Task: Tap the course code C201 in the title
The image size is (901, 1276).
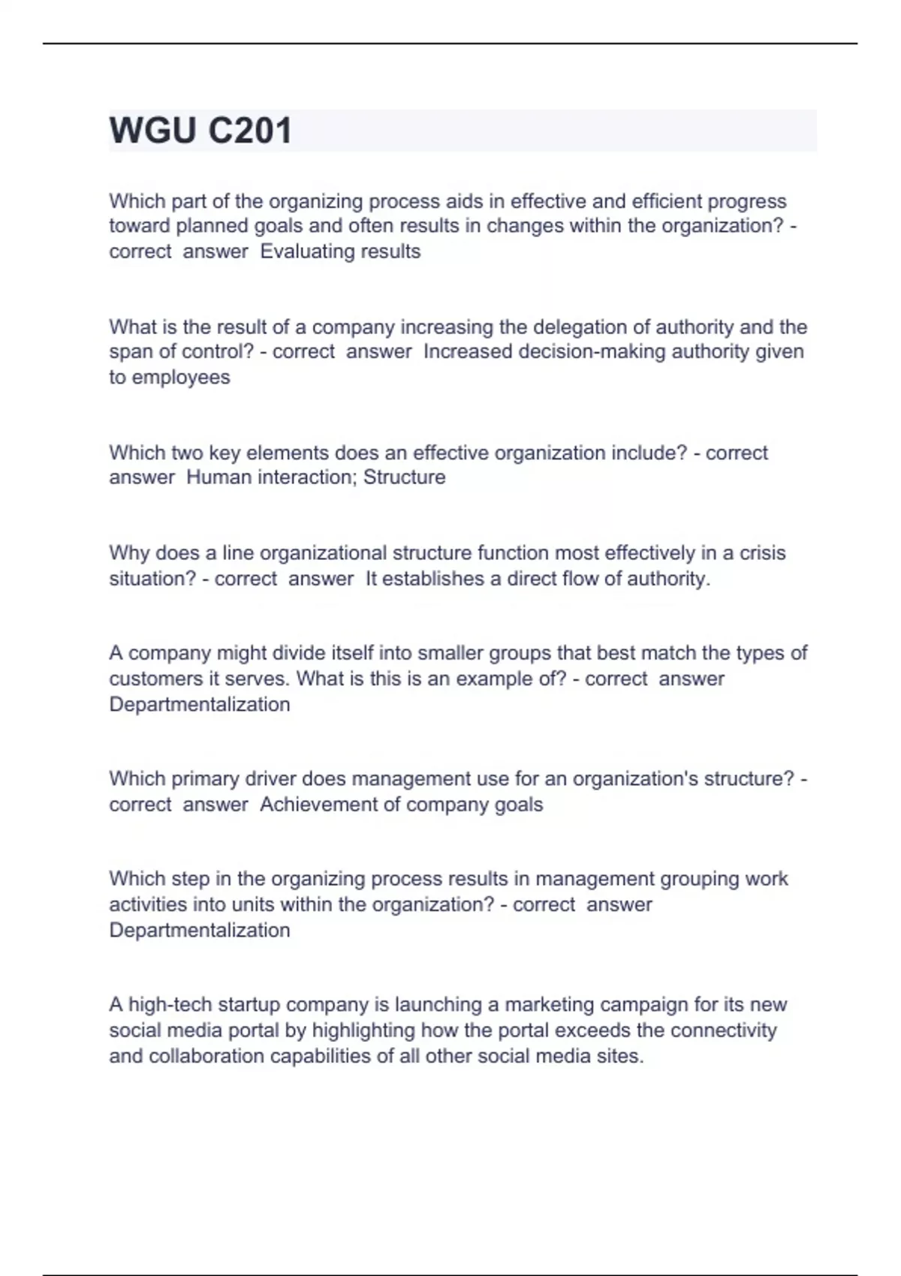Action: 249,131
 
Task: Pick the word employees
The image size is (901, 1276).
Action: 181,378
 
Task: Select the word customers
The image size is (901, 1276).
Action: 154,679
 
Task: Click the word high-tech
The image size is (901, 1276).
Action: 170,1005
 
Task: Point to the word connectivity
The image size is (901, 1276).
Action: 723,1031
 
